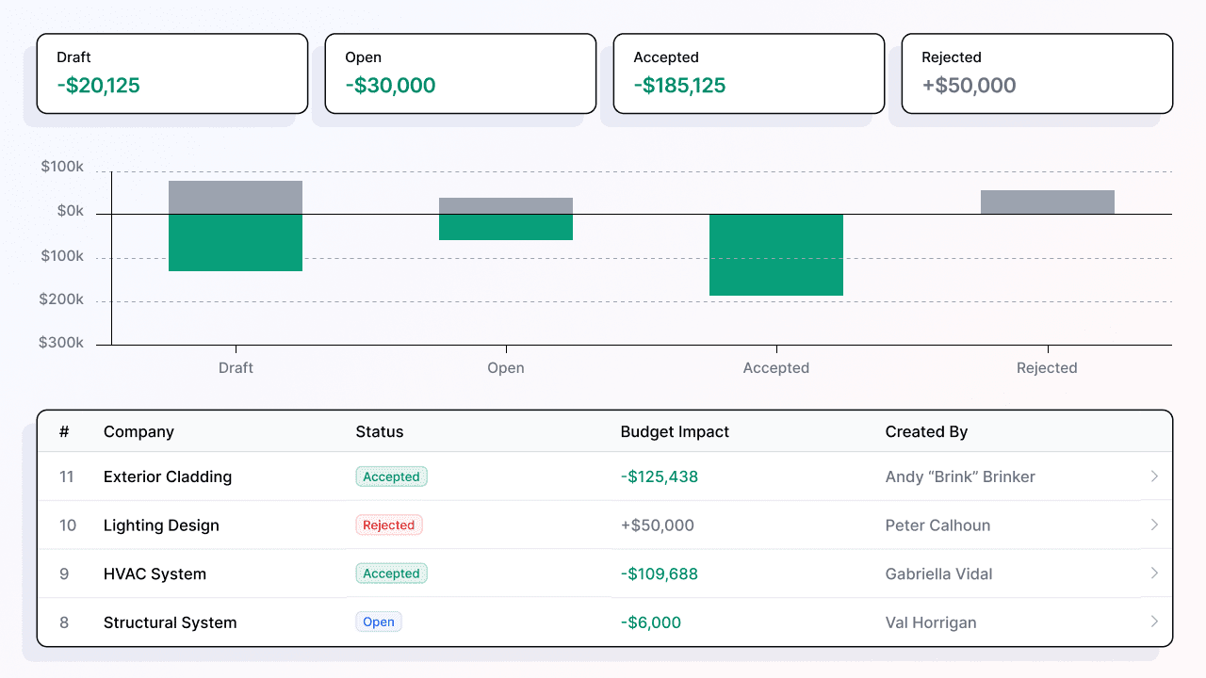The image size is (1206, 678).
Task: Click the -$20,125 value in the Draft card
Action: click(x=98, y=86)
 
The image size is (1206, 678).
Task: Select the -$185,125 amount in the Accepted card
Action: click(x=679, y=86)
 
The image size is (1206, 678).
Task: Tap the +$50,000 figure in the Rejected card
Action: click(x=969, y=86)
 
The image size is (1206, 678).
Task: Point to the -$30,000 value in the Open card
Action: click(x=390, y=86)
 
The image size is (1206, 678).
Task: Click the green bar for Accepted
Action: click(x=775, y=254)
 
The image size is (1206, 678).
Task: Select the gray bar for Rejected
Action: click(x=1047, y=202)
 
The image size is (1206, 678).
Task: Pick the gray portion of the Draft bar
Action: click(x=236, y=197)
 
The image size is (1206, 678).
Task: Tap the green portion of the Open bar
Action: click(x=506, y=227)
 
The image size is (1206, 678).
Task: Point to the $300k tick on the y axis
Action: click(x=61, y=343)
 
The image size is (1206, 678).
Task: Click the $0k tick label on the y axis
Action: click(x=71, y=212)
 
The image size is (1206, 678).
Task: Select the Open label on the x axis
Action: click(x=506, y=368)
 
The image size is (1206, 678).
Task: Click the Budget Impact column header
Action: click(x=675, y=432)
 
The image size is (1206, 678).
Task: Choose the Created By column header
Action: click(x=926, y=432)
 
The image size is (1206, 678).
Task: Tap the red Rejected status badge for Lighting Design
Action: click(x=389, y=525)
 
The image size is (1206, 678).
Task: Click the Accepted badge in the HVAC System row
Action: click(x=391, y=573)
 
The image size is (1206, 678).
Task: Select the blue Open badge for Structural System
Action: click(x=379, y=622)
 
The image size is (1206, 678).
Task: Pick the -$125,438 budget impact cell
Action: click(x=660, y=476)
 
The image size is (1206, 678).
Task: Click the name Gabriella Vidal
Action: click(x=938, y=574)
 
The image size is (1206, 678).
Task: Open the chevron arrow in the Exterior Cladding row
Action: click(x=1154, y=476)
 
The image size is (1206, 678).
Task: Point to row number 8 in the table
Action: click(x=64, y=622)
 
